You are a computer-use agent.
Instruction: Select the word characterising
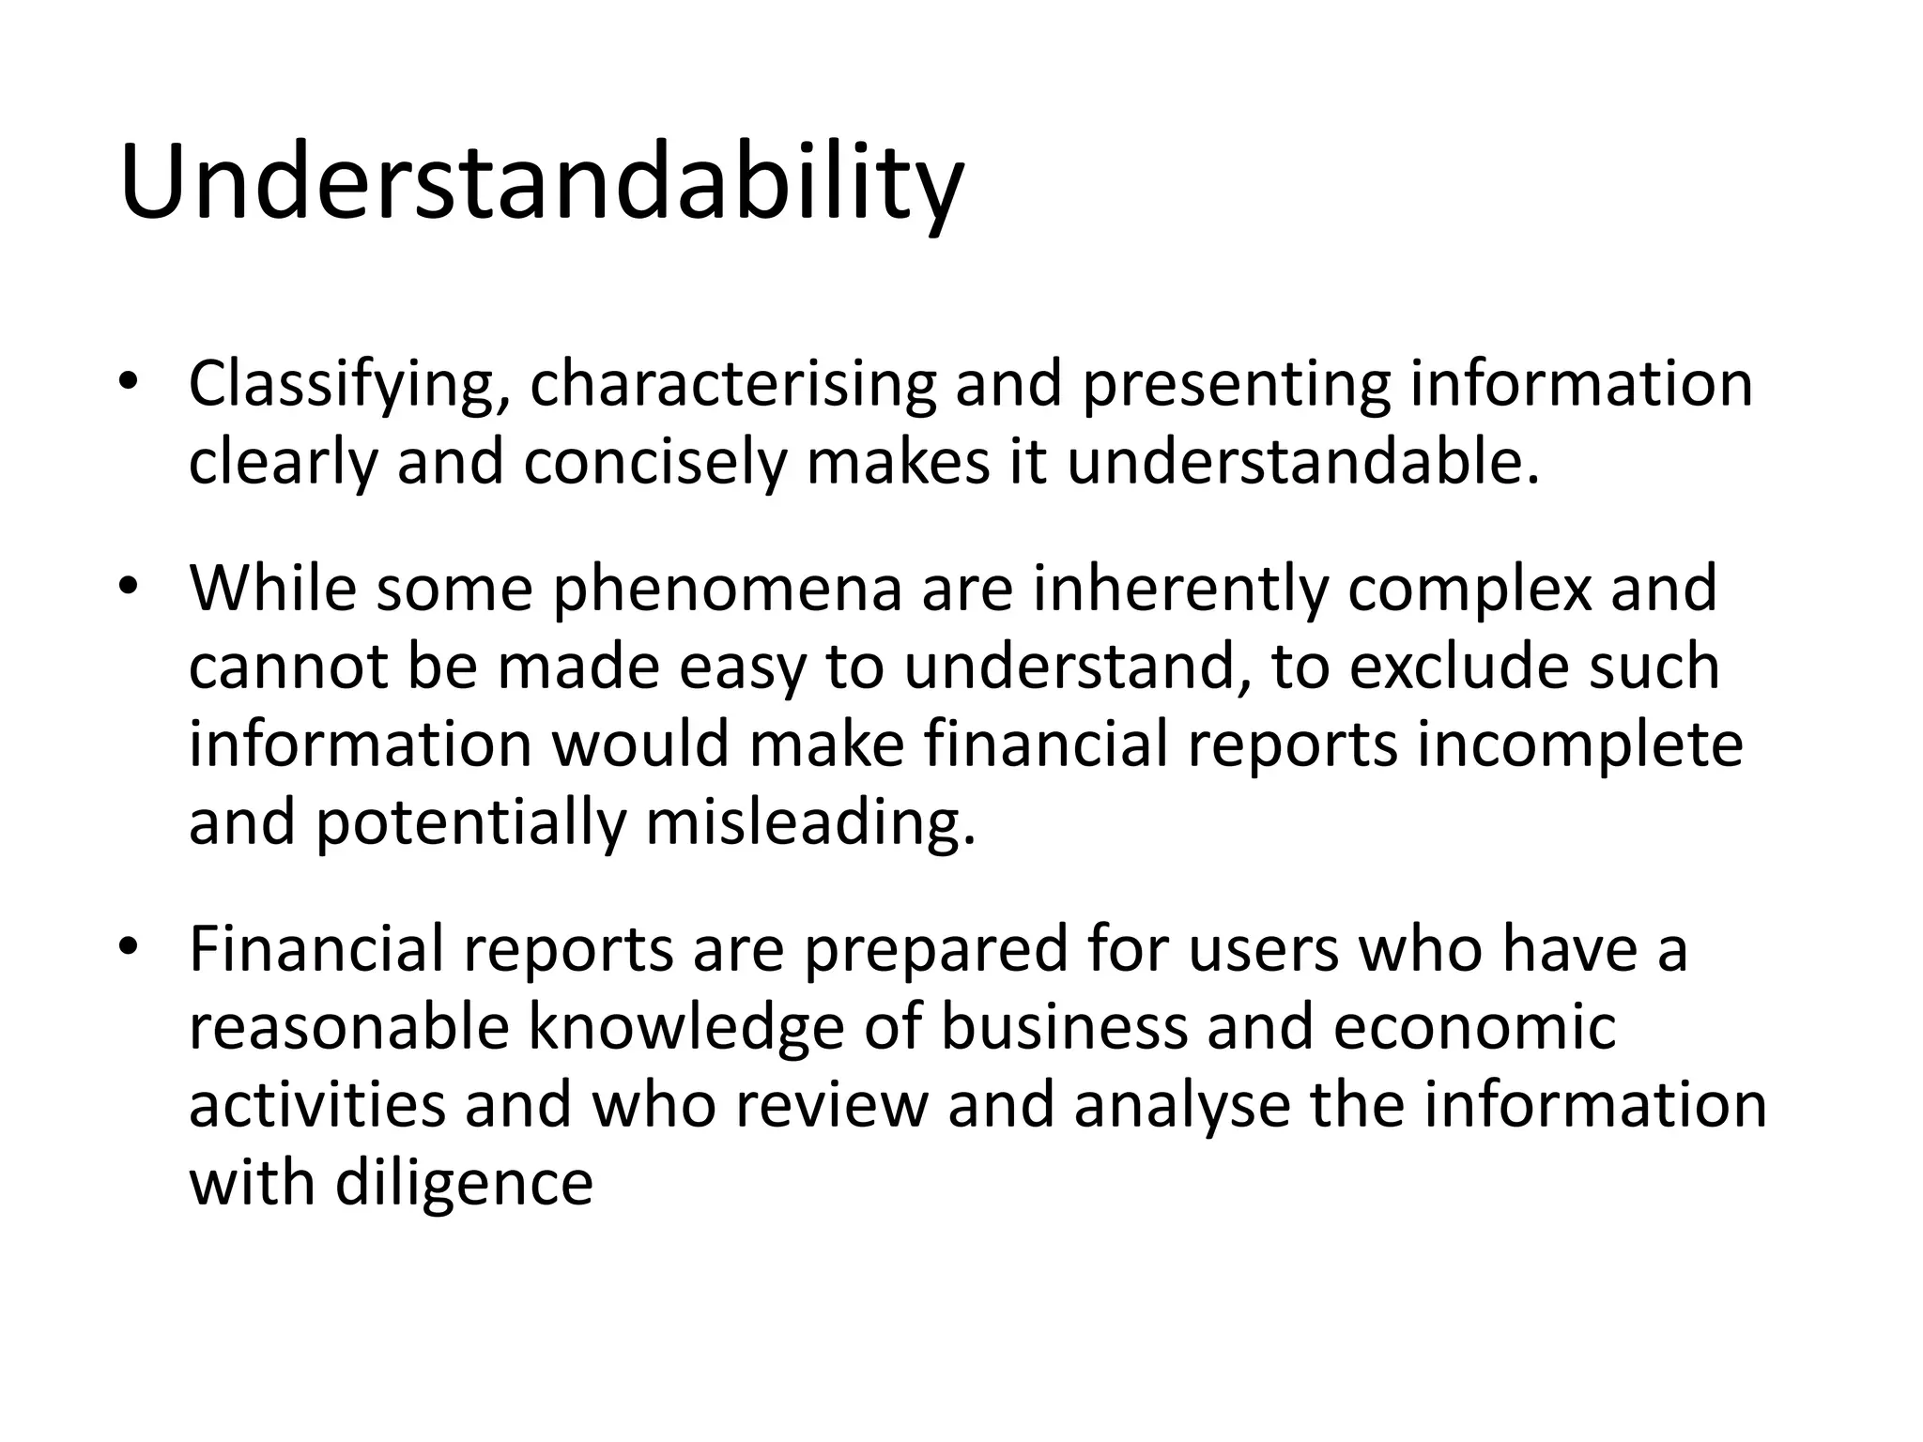[733, 385]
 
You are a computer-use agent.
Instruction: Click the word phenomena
[728, 590]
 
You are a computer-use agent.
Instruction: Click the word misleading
[811, 822]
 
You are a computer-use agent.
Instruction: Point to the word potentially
[470, 822]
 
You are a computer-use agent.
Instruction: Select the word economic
[1474, 1027]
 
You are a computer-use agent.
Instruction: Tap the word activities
[317, 1105]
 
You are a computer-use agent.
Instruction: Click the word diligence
[464, 1183]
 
